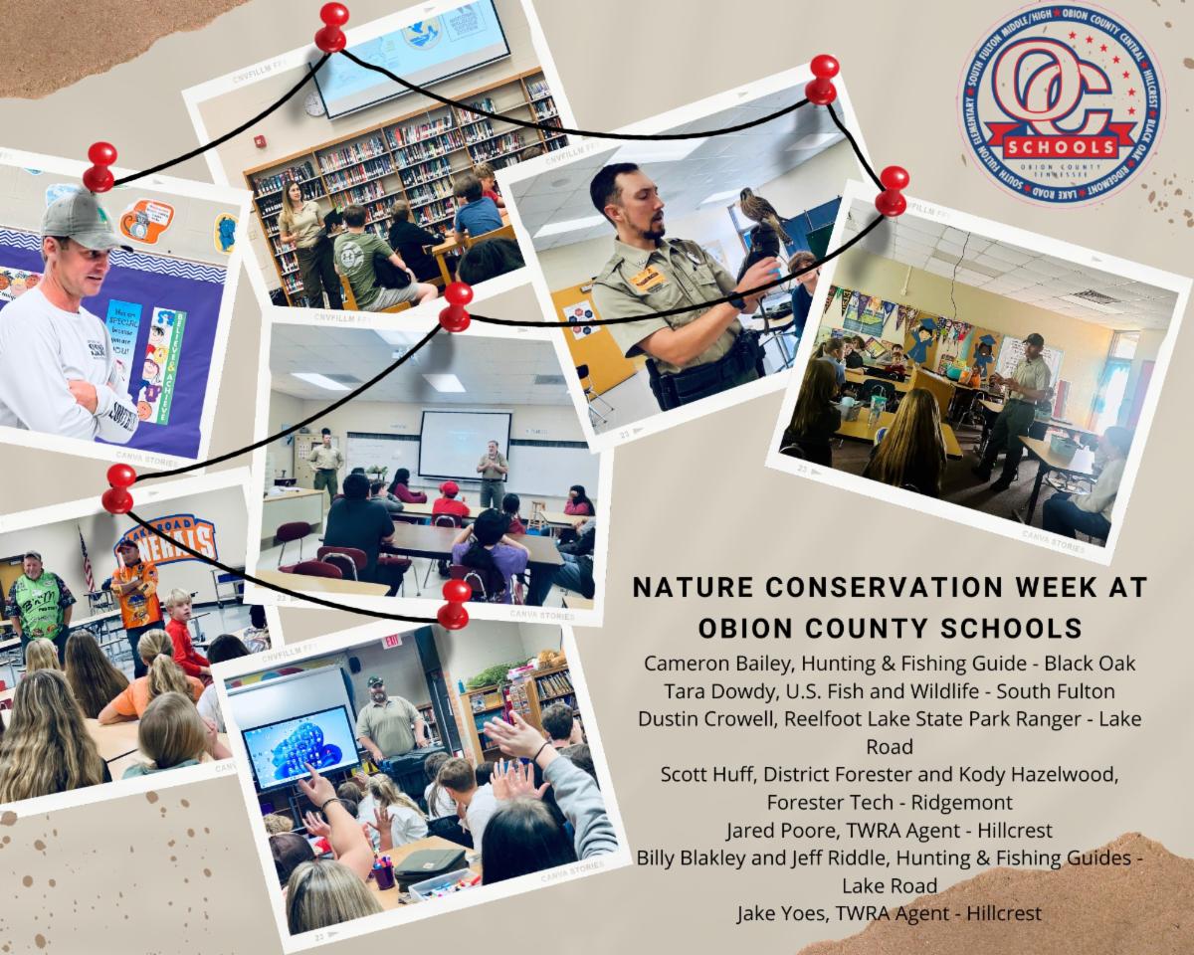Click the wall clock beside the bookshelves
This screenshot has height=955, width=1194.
314,102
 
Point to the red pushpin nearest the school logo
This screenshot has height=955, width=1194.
822,80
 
